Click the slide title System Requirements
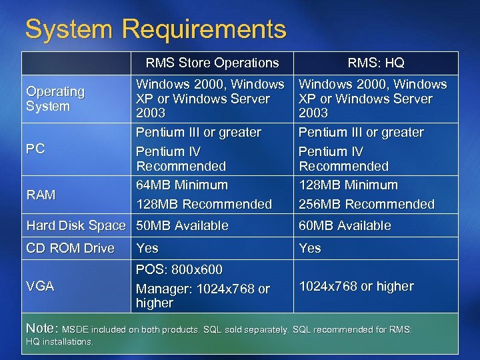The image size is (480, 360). [155, 29]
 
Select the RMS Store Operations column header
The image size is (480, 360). [212, 63]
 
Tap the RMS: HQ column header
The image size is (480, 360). [375, 63]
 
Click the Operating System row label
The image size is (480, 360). [55, 99]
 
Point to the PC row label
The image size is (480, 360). [35, 149]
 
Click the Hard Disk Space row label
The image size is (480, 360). [75, 225]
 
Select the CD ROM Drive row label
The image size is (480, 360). [70, 248]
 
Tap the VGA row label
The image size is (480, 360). [40, 286]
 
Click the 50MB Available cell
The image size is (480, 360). [182, 225]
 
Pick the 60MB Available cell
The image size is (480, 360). [345, 225]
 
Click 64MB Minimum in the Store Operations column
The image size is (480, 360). [182, 185]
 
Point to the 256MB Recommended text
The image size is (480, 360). [366, 204]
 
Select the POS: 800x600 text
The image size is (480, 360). [179, 269]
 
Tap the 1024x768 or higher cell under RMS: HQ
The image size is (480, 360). [356, 286]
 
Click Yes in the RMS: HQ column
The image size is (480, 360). [310, 248]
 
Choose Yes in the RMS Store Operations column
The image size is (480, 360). [147, 248]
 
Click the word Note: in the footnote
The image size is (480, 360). [41, 329]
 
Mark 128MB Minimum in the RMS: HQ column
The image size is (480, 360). [348, 185]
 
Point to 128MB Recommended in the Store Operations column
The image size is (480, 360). [204, 204]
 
